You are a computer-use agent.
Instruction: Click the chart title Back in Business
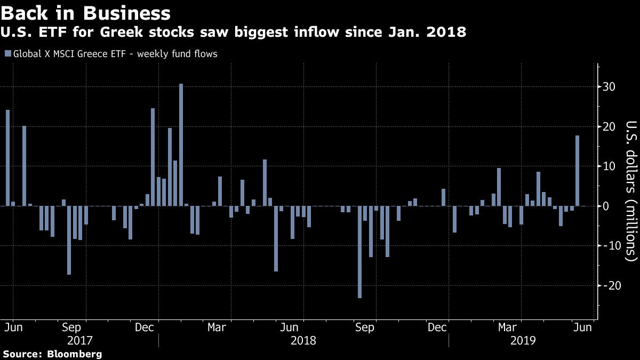(86, 13)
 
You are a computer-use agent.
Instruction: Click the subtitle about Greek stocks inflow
(234, 33)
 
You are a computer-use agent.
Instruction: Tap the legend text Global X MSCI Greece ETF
(115, 54)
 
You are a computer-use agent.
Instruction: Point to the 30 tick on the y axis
(610, 87)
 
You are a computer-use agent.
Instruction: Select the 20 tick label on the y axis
(610, 127)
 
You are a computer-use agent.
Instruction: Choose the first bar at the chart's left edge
(7, 158)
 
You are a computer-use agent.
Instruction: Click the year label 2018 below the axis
(303, 340)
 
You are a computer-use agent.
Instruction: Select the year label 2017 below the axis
(81, 340)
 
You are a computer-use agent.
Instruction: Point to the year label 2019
(524, 340)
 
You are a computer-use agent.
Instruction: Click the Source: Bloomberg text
(52, 354)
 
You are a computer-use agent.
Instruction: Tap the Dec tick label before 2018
(145, 327)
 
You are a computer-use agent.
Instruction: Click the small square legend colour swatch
(7, 54)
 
